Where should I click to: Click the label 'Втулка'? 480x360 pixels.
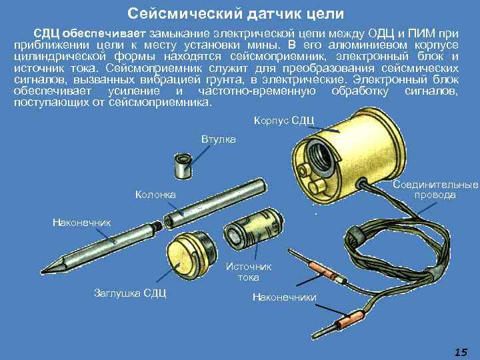click(x=219, y=139)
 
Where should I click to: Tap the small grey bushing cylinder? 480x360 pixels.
click(x=183, y=166)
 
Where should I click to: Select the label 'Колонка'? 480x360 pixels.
click(x=155, y=195)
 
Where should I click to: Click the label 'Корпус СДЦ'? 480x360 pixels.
click(x=284, y=121)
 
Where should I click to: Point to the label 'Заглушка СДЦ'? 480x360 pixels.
click(x=130, y=293)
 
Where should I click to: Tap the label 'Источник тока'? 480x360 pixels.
click(x=248, y=272)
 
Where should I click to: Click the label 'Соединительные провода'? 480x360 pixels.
click(x=435, y=190)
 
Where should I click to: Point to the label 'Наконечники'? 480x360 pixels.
click(x=285, y=297)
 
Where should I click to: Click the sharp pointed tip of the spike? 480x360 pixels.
click(x=42, y=271)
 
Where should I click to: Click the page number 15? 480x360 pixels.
click(x=461, y=352)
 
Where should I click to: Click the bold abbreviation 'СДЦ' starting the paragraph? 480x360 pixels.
click(x=46, y=34)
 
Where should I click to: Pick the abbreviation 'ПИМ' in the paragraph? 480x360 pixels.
click(x=422, y=34)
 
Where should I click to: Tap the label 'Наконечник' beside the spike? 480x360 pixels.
click(x=82, y=223)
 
